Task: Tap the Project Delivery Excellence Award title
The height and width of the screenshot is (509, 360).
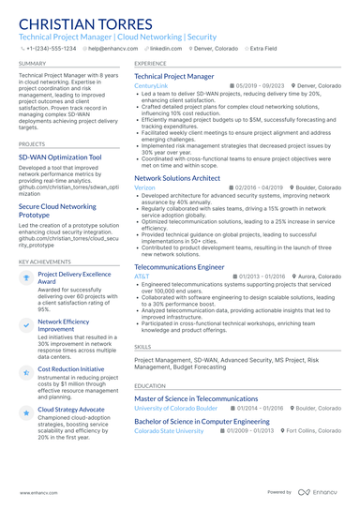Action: pos(75,278)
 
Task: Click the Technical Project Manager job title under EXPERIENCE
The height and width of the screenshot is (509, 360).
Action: pos(174,76)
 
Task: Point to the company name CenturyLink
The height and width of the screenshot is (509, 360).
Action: pos(152,85)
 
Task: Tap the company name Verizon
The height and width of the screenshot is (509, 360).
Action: pos(144,187)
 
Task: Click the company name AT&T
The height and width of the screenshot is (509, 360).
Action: pos(142,277)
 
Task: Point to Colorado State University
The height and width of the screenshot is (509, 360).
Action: pos(169,431)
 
